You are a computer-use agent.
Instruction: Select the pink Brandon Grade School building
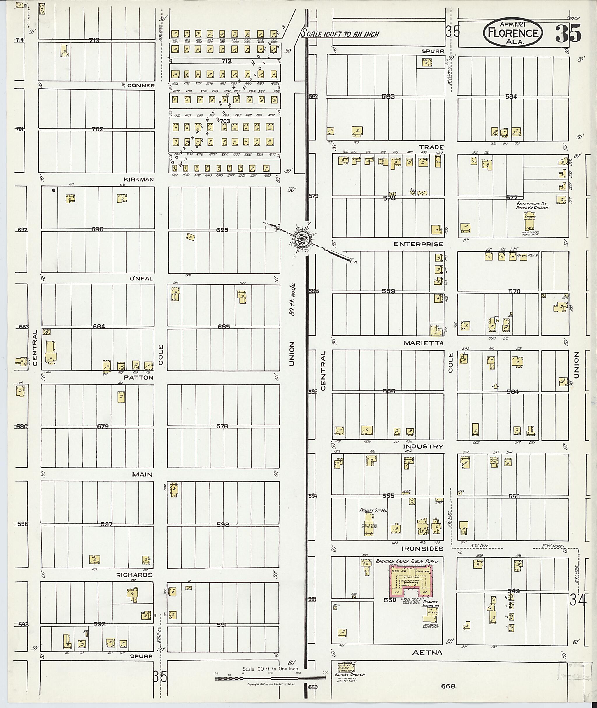tap(411, 580)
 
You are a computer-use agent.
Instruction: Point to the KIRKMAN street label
tap(138, 179)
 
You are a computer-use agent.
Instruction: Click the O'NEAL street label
tap(141, 279)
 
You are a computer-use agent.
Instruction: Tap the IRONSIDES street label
tap(422, 548)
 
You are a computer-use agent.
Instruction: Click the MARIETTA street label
tap(423, 343)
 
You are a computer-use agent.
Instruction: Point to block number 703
tap(224, 121)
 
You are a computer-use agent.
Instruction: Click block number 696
tap(97, 229)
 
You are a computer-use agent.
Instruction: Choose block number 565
tap(389, 391)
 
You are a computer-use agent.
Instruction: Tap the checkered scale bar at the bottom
tap(271, 679)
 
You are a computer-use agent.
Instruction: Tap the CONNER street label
tap(141, 85)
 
